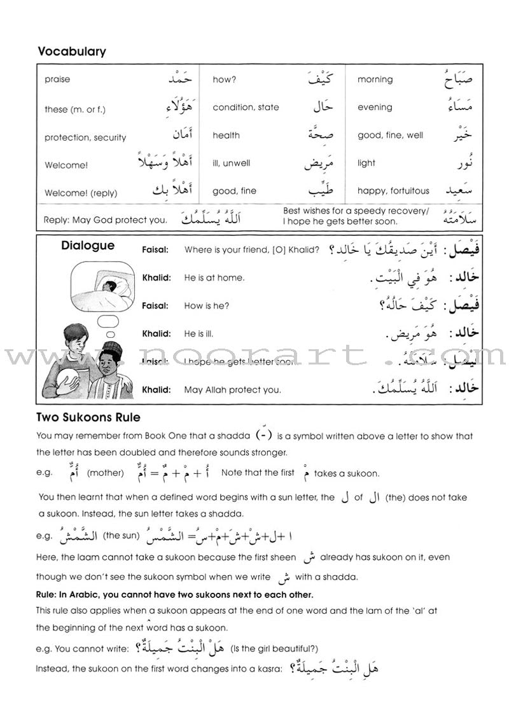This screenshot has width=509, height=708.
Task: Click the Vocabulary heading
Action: coord(72,52)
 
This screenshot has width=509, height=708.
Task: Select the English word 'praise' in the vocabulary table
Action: coord(57,80)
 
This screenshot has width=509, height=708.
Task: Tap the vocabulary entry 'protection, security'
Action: coord(85,137)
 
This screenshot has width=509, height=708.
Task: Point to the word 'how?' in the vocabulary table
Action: coord(225,80)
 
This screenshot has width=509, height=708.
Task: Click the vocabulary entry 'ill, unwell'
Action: coord(232,163)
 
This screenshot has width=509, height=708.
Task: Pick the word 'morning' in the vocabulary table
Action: coord(375,80)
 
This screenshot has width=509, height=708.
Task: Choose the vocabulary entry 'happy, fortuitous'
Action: coord(393,190)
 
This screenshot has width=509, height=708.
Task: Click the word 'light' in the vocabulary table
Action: coord(366,163)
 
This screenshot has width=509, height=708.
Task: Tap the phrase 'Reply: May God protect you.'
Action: coord(106,220)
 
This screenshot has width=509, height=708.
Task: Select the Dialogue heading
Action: coord(88,246)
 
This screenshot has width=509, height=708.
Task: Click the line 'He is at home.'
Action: coord(214,277)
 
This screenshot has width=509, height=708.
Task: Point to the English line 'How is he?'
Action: coord(206,305)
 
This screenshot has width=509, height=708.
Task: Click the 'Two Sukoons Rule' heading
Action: coord(88,417)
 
